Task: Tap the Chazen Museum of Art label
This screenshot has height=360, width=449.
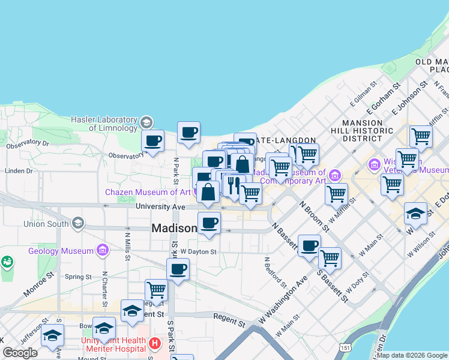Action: [x=147, y=192]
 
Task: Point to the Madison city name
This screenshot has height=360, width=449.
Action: [x=174, y=229]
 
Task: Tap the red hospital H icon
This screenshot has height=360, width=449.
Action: [x=155, y=344]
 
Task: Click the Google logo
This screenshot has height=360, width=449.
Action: [x=20, y=353]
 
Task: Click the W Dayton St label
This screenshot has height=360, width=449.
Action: [x=197, y=251]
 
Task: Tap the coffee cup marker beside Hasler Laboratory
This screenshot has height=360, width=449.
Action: [x=152, y=142]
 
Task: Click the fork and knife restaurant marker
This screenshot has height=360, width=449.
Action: [x=234, y=185]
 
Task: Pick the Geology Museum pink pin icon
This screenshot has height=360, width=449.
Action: [x=103, y=249]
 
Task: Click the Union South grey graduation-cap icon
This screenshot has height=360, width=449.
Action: [x=77, y=224]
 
